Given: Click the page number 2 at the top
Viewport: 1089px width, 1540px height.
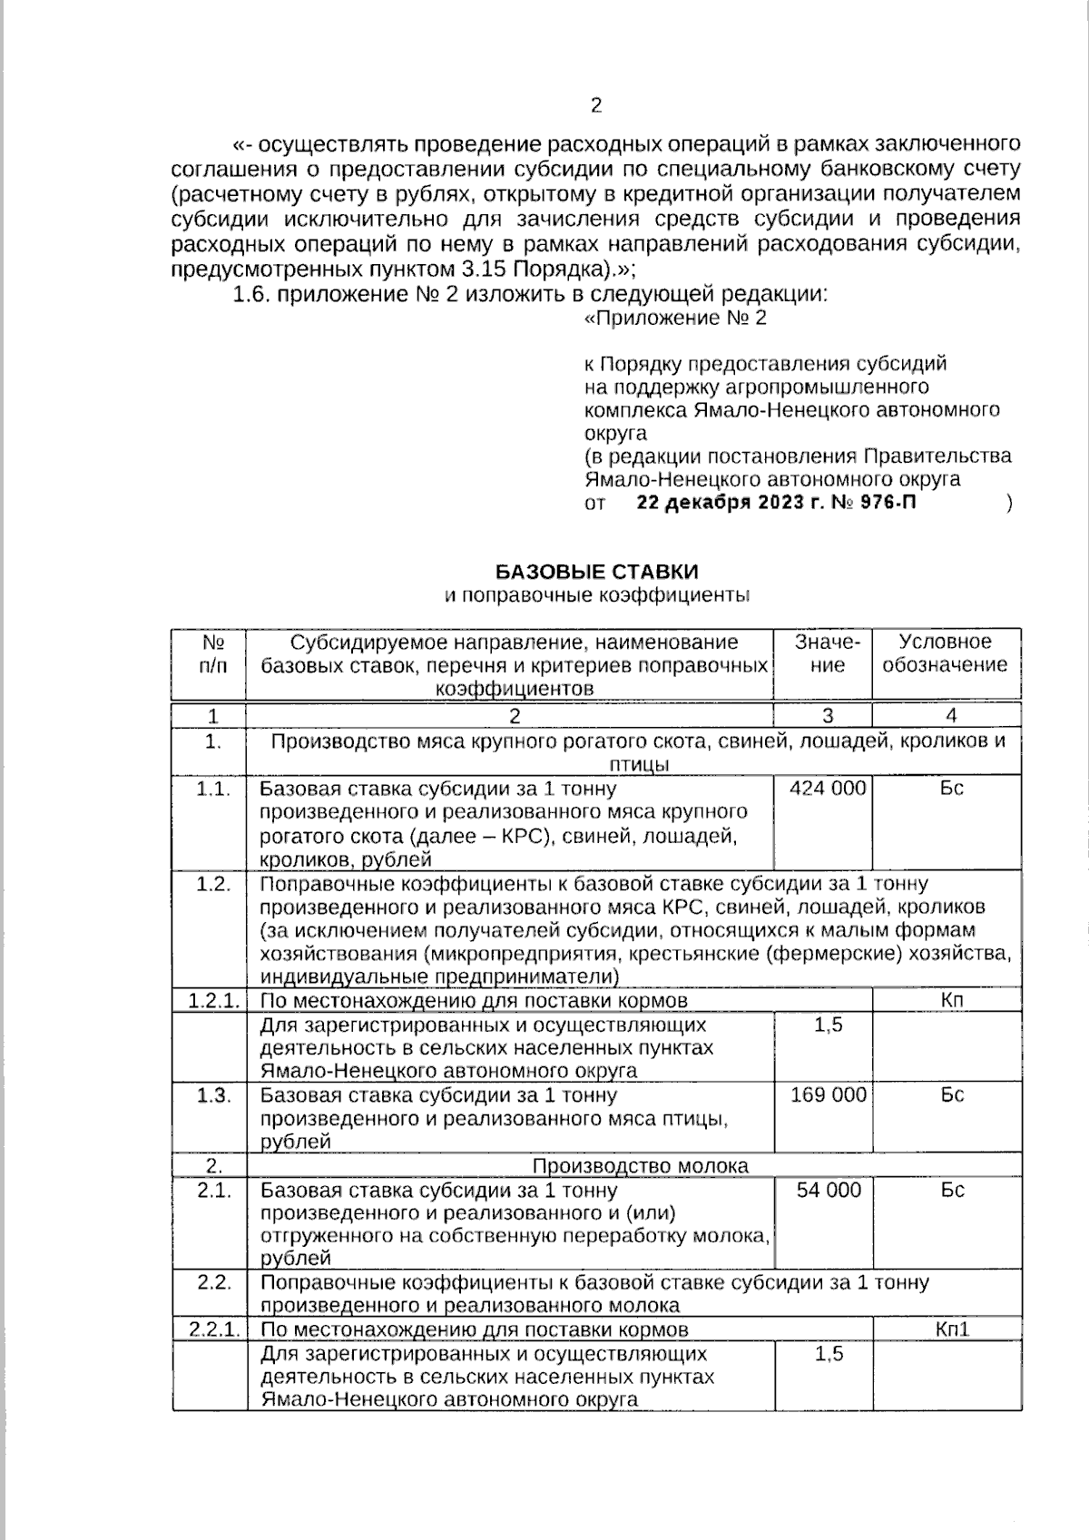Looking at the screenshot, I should pyautogui.click(x=596, y=106).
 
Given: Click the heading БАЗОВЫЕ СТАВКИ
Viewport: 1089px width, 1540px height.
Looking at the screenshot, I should pyautogui.click(x=596, y=572).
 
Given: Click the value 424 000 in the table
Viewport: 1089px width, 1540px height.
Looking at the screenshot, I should pyautogui.click(x=828, y=789).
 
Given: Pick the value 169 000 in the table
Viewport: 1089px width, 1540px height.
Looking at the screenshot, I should pyautogui.click(x=828, y=1095).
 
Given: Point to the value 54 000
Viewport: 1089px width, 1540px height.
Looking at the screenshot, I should pyautogui.click(x=828, y=1191).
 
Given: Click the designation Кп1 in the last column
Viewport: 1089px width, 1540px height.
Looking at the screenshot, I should pyautogui.click(x=952, y=1329).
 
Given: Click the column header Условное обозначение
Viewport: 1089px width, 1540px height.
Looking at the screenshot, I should pyautogui.click(x=945, y=653).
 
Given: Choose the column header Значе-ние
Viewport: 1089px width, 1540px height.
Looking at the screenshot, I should pyautogui.click(x=827, y=653).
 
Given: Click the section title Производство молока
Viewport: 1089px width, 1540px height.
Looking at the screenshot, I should pyautogui.click(x=640, y=1166).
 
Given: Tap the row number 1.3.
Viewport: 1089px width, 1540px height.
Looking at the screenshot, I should pyautogui.click(x=213, y=1095).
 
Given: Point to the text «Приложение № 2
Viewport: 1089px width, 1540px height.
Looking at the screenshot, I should pyautogui.click(x=675, y=319).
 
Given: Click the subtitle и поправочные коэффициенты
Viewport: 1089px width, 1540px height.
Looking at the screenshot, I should pyautogui.click(x=596, y=596).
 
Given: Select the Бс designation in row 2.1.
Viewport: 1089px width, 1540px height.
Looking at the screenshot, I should pyautogui.click(x=952, y=1191).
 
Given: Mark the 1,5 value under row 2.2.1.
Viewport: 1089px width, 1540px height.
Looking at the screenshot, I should pyautogui.click(x=829, y=1354).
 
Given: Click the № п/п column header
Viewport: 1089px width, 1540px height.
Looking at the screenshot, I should pyautogui.click(x=213, y=653).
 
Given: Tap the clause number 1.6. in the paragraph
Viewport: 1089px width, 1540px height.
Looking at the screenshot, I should pyautogui.click(x=252, y=294).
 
